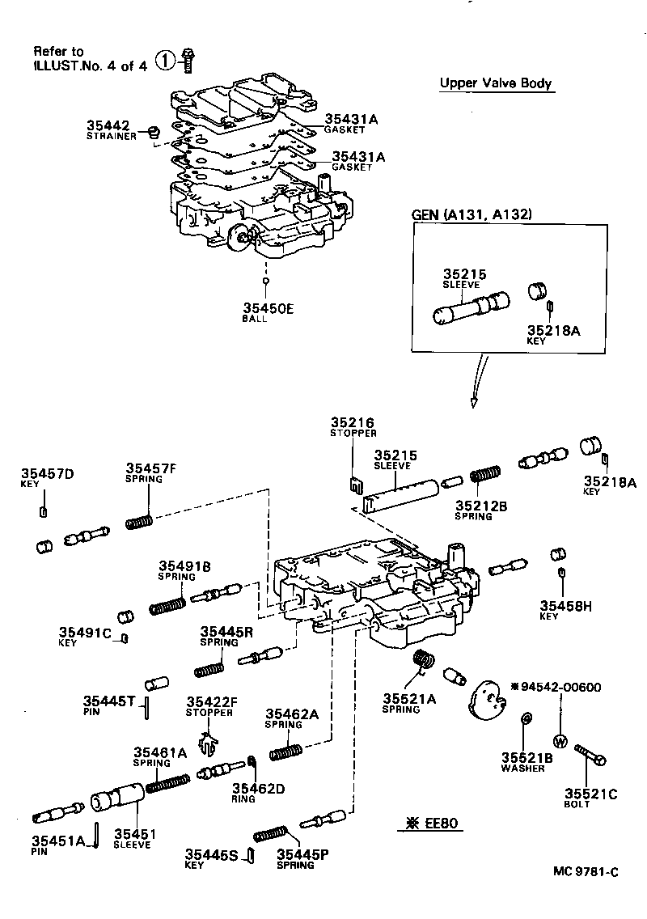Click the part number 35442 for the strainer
pos(108,126)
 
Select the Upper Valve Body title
pos(496,83)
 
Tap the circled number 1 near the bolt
pos(164,61)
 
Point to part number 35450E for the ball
pos(268,307)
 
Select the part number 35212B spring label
pos(480,506)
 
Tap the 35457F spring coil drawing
pos(140,521)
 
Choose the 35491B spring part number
pos(184,566)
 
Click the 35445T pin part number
pos(109,701)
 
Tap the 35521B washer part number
pos(526,757)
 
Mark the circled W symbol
pos(559,741)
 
